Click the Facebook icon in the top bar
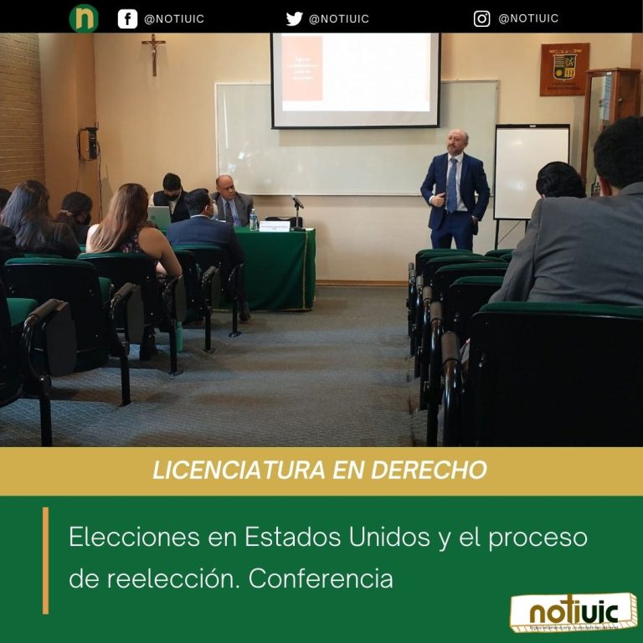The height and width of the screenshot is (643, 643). pyautogui.click(x=127, y=18)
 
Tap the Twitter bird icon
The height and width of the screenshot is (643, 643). pyautogui.click(x=294, y=18)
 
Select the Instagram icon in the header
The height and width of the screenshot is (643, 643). pyautogui.click(x=481, y=18)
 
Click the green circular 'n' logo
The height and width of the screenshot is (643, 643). pyautogui.click(x=84, y=18)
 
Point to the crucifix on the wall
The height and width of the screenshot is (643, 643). pyautogui.click(x=153, y=52)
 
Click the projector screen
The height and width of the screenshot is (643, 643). pyautogui.click(x=355, y=80)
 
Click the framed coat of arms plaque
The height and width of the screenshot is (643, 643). pyautogui.click(x=563, y=69)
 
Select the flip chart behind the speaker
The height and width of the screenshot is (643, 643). pyautogui.click(x=531, y=172)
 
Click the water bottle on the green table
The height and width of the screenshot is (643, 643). pyautogui.click(x=253, y=219)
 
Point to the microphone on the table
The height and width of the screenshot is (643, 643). pyautogui.click(x=296, y=202)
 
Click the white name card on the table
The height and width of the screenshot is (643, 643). pyautogui.click(x=274, y=225)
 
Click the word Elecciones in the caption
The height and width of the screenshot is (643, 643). pyautogui.click(x=129, y=537)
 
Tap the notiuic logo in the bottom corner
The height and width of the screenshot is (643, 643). pyautogui.click(x=573, y=613)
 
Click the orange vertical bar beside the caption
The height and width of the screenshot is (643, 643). pyautogui.click(x=45, y=559)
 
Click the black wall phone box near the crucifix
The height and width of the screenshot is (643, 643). pyautogui.click(x=88, y=143)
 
